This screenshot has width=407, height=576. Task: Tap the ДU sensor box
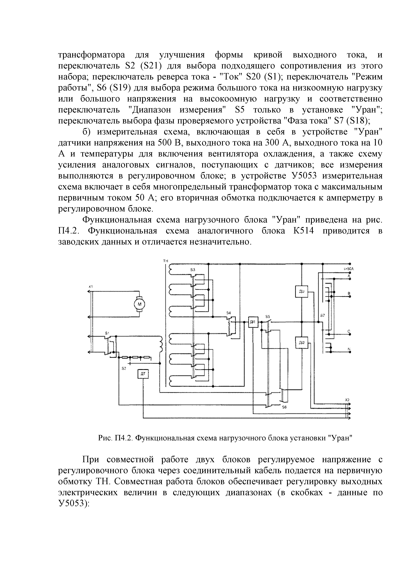[301, 291]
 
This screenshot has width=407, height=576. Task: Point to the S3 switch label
[193, 270]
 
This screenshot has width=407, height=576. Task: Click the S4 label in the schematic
[228, 313]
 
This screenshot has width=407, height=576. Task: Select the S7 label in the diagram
[322, 315]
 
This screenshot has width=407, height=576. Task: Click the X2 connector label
[347, 400]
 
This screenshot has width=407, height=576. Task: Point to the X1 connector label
[91, 287]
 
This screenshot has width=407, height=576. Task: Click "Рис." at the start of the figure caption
[105, 438]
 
